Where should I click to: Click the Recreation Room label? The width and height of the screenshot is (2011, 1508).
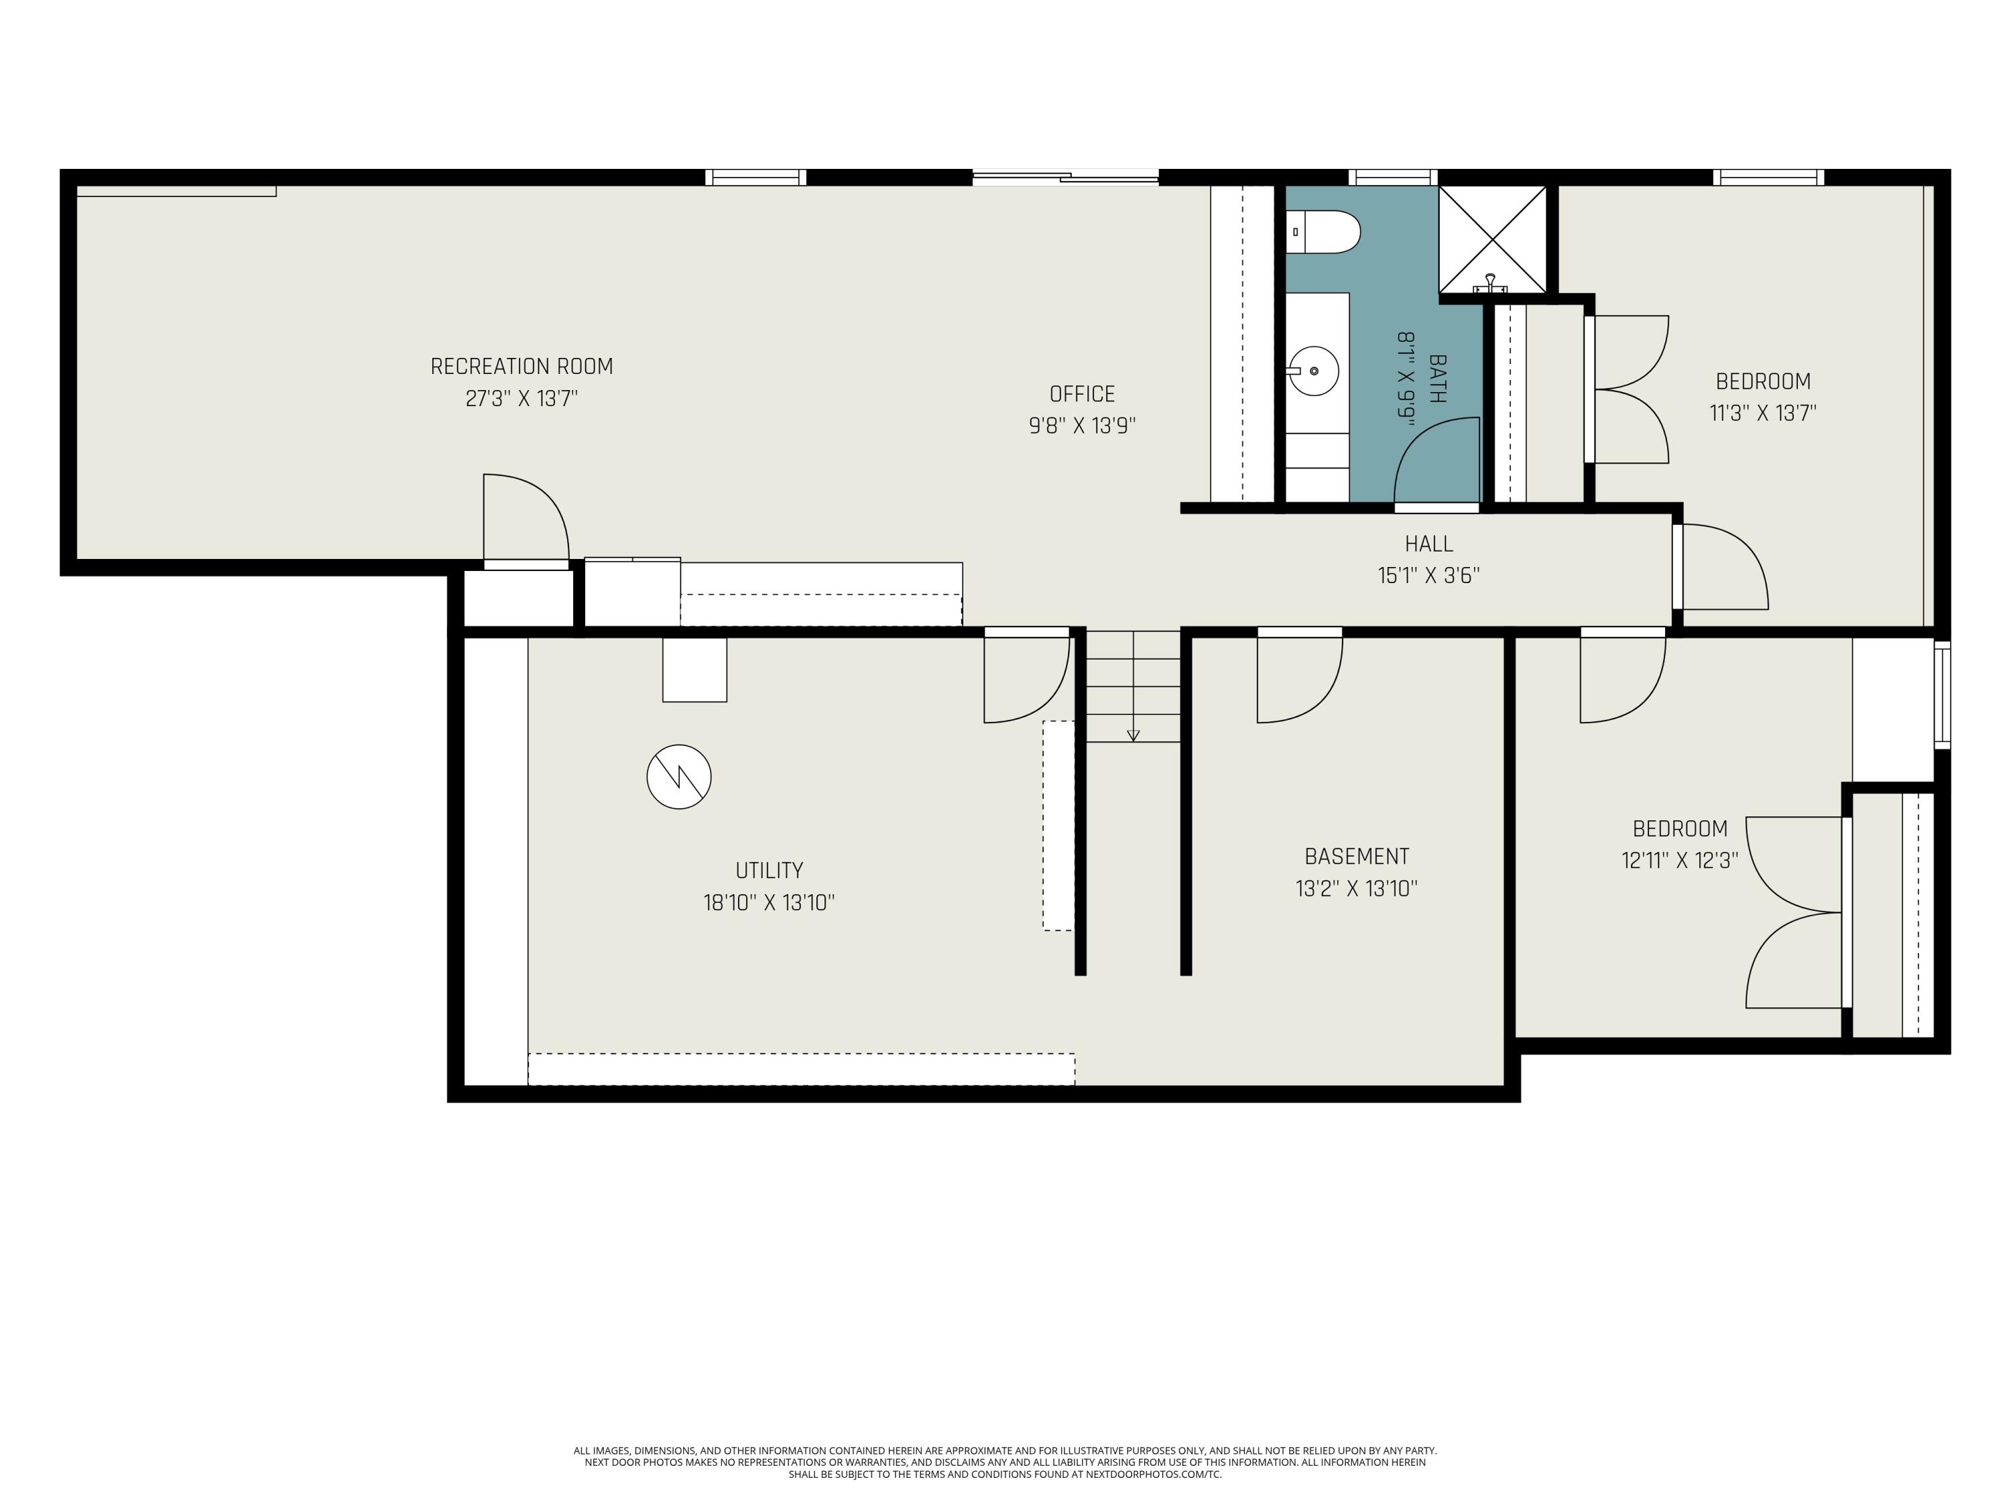point(521,367)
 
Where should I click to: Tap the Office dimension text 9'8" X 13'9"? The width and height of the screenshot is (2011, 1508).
point(1082,426)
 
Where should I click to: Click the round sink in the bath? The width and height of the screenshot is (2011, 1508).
point(1314,371)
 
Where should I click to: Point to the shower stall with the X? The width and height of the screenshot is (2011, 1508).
point(1492,240)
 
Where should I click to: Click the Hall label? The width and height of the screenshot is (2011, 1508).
point(1428,544)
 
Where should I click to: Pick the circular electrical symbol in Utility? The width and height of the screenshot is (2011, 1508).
point(678,777)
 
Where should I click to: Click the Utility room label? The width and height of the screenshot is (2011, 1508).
point(769,871)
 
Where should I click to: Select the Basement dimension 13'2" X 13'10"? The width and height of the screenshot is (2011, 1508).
point(1357,888)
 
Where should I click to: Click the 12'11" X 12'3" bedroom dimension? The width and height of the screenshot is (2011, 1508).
point(1679,860)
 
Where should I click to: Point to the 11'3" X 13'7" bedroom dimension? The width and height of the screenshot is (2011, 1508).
point(1763,413)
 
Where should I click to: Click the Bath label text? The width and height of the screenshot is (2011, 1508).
point(1437,378)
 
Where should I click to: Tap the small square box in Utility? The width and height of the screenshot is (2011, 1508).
point(694,670)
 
